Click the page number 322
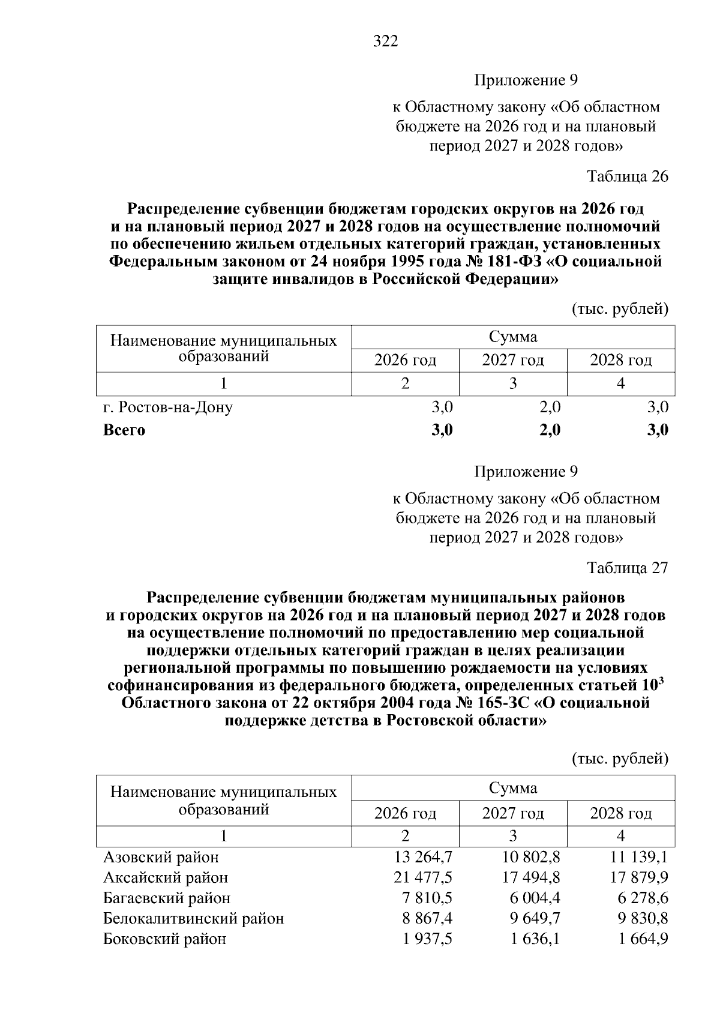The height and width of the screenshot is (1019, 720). (385, 41)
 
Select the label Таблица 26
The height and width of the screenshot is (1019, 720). (627, 176)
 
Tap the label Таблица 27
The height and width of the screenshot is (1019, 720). (627, 568)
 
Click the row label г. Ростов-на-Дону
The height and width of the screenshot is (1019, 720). (168, 407)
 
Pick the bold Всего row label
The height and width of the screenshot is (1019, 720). (124, 430)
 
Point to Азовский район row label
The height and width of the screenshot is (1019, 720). (161, 857)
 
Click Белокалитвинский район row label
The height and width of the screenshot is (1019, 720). (193, 918)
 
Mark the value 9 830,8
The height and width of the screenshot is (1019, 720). (643, 918)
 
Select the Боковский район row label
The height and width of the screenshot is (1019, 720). (164, 939)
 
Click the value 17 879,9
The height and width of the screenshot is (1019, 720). (639, 877)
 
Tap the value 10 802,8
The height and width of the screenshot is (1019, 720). (531, 857)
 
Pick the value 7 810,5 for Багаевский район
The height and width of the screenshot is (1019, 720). (427, 898)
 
